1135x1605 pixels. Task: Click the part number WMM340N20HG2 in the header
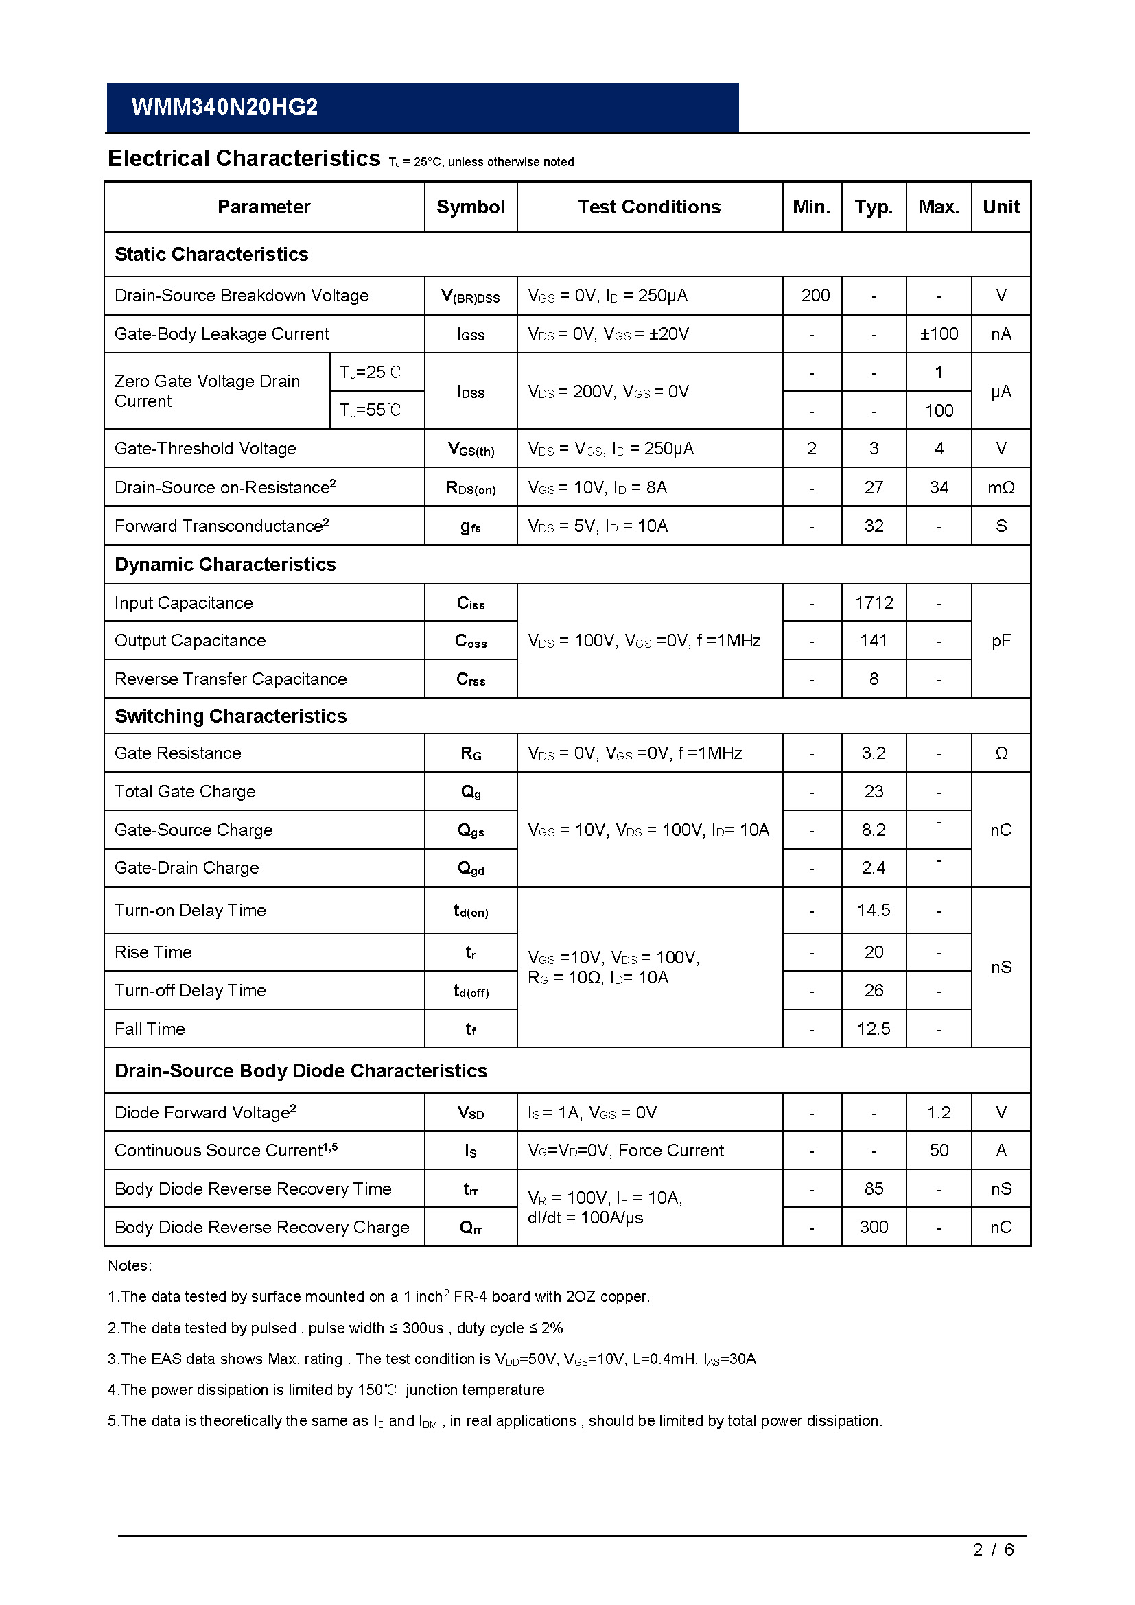point(224,106)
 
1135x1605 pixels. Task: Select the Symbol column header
point(470,207)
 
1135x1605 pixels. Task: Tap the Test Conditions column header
point(648,207)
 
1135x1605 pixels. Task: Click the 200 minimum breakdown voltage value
point(815,296)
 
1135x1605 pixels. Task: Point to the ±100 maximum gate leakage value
point(939,334)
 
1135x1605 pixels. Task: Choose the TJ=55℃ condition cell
point(371,410)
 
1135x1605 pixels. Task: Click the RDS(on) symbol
point(470,488)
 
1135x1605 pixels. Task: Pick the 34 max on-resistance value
point(939,487)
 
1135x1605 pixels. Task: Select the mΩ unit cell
point(1001,487)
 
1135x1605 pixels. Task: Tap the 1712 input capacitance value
point(874,602)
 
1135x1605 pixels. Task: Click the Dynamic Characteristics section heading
point(225,564)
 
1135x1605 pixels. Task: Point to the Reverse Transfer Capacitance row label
point(231,679)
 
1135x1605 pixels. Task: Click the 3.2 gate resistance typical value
point(874,753)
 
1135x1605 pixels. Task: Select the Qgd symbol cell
point(470,868)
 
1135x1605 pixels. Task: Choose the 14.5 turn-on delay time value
point(874,910)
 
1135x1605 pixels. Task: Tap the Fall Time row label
point(150,1029)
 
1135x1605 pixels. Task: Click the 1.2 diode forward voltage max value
point(939,1112)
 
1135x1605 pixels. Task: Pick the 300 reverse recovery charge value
point(874,1227)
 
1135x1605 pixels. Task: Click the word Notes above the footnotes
point(129,1265)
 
